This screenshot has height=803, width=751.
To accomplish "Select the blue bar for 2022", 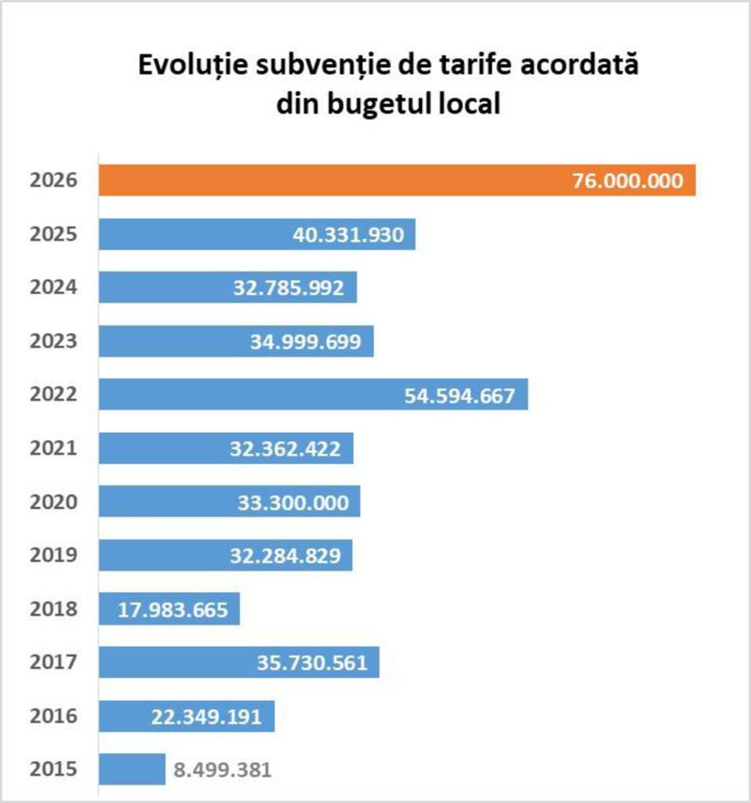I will tap(251, 394).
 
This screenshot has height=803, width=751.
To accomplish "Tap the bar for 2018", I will tap(169, 609).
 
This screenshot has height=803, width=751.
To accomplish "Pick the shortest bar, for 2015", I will tap(132, 769).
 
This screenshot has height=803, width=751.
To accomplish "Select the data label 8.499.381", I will tap(223, 769).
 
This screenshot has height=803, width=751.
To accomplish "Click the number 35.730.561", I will tap(312, 663).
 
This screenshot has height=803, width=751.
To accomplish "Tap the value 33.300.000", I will tap(293, 502).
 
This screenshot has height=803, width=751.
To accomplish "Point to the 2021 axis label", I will tap(53, 449).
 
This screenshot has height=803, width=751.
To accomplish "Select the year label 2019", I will tap(53, 555).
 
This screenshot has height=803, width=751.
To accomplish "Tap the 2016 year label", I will tap(53, 716).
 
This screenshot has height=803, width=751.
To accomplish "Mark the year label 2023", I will tap(53, 341).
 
